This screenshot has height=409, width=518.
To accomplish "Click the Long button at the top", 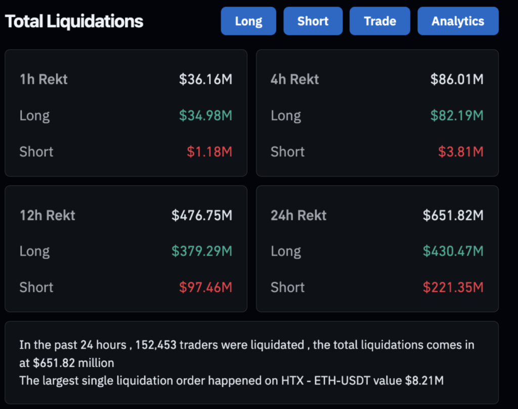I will click(248, 21).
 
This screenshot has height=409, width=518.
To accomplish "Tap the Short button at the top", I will click(313, 21).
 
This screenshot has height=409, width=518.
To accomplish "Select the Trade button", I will click(380, 21).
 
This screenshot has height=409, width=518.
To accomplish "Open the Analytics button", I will click(458, 21).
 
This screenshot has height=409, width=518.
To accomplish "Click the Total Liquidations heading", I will click(74, 21).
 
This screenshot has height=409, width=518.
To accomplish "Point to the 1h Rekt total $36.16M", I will click(205, 79).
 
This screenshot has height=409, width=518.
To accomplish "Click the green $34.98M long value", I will click(205, 115).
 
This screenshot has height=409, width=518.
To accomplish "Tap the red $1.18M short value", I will click(209, 151).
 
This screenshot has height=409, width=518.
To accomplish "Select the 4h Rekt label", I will click(295, 79).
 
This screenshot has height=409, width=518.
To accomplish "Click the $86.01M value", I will click(457, 79).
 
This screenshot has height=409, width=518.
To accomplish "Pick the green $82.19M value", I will click(457, 115).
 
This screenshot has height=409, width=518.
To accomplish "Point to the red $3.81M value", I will click(461, 151).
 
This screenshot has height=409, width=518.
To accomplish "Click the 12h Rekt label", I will click(47, 215).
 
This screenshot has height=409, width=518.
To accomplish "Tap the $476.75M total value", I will click(202, 215).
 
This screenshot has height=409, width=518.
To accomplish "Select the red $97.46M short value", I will click(205, 287).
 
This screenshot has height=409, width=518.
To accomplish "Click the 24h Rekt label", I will click(298, 215).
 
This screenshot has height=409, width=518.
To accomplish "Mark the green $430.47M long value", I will click(453, 251).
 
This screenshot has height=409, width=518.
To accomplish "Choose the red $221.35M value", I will click(453, 287).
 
